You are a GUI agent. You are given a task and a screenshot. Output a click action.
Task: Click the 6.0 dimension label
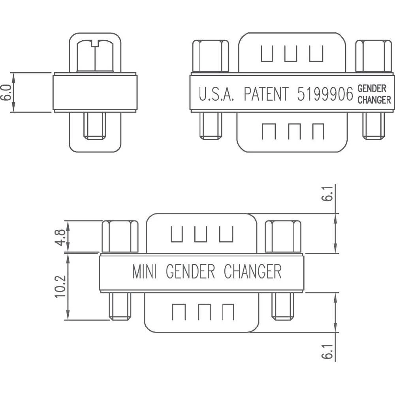tap(6, 92)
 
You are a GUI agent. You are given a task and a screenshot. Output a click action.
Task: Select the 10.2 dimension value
tap(60, 286)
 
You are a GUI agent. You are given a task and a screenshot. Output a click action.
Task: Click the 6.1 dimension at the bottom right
tap(326, 350)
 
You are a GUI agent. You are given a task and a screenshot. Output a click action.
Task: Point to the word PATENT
tap(265, 94)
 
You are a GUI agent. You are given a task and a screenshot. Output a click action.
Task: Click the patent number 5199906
tap(325, 94)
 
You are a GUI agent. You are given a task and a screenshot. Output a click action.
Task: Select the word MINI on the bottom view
tap(145, 272)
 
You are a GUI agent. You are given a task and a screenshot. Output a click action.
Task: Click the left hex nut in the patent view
tap(211, 56)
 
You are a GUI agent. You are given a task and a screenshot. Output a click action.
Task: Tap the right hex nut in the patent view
tap(373, 56)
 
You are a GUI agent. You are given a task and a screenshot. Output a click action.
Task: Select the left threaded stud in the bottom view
tap(120, 306)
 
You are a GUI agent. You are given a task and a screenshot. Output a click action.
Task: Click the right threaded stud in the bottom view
tap(283, 306)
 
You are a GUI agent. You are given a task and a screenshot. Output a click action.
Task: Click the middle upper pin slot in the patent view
tap(291, 54)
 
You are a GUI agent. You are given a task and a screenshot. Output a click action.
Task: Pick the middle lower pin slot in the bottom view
tap(204, 312)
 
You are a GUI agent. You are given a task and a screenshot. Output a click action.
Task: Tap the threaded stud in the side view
tap(95, 126)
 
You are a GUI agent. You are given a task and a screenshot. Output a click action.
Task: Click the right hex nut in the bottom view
tap(283, 236)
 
